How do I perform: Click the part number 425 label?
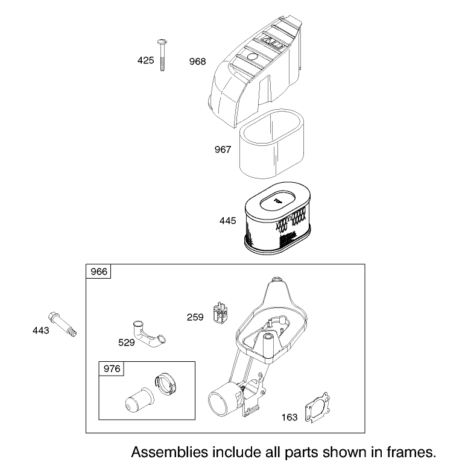pos(146,60)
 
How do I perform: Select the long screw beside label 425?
pos(162,55)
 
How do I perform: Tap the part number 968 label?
pos(198,62)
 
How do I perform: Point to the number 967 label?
pos(223,149)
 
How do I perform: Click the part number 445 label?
pos(228,221)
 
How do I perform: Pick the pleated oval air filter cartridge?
pos(277,219)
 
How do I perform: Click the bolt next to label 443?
pos(62,324)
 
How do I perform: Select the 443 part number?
pos(41,330)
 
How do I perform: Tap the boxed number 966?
pos(99,271)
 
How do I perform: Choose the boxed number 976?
pos(112,369)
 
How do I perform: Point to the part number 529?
pos(127,343)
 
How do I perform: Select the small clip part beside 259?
pos(220,312)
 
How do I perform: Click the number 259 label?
pos(195,317)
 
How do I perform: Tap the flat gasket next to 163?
pos(318,408)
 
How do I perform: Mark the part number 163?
pos(289,417)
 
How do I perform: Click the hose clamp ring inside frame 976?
pos(165,384)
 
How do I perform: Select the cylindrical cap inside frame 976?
pos(140,400)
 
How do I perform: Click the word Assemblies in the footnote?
pos(169,452)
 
